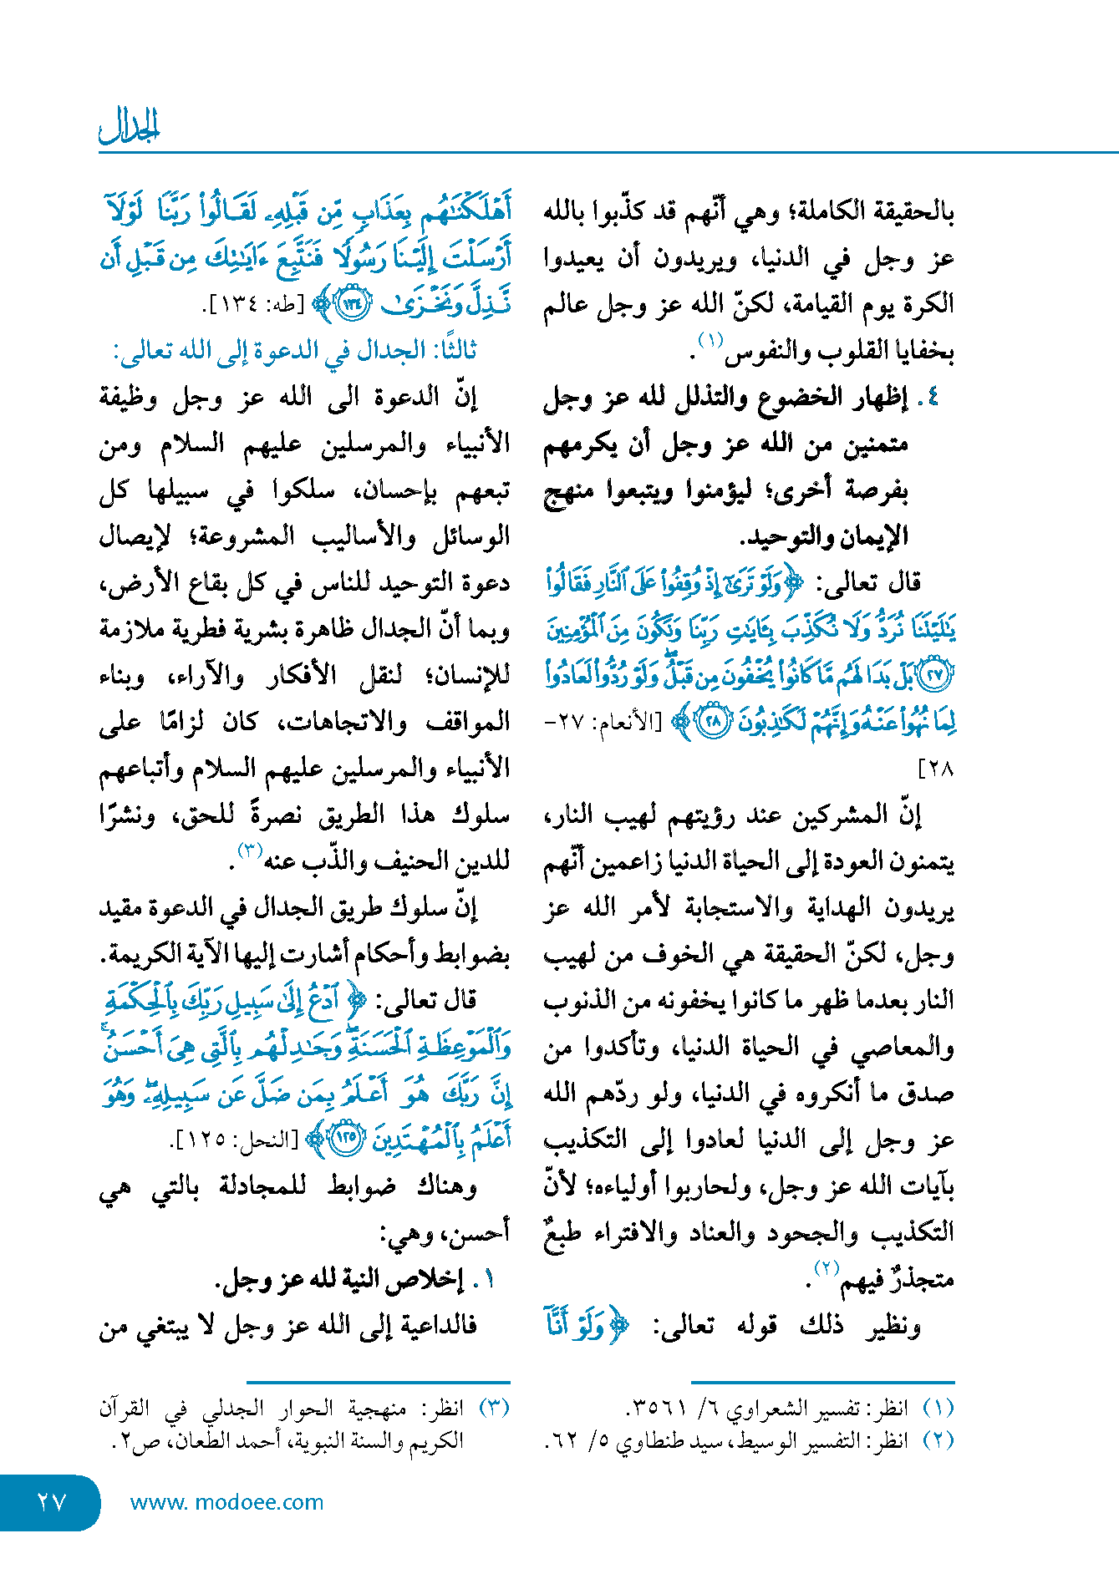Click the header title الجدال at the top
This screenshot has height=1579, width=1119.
click(x=129, y=125)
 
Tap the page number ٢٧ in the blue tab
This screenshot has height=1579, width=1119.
click(x=51, y=1502)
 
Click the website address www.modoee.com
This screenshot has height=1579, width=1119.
click(x=226, y=1502)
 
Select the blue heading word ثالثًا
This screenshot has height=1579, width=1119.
click(x=450, y=351)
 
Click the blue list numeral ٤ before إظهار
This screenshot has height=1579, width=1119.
click(x=932, y=398)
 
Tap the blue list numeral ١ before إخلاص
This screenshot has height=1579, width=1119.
click(x=488, y=1279)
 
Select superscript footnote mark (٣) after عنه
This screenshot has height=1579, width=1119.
click(x=250, y=850)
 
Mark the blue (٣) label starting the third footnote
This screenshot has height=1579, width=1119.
click(x=494, y=1409)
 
